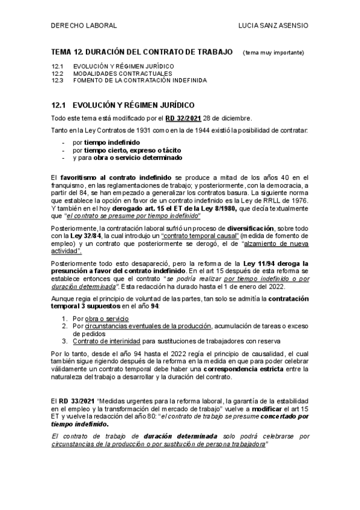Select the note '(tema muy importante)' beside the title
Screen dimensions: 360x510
[x=273, y=53]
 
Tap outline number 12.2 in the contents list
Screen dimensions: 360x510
[x=58, y=73]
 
